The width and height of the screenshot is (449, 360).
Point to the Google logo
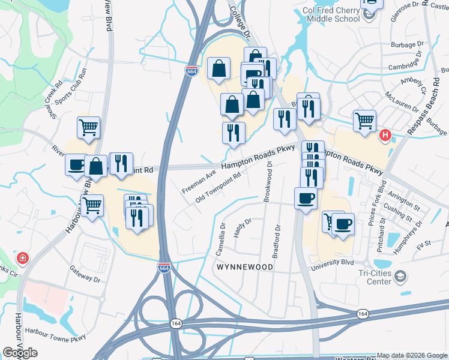(20, 353)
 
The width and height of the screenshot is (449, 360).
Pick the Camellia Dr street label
(222, 239)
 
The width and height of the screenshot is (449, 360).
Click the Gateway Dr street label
(85, 274)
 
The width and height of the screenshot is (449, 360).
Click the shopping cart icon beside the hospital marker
(364, 121)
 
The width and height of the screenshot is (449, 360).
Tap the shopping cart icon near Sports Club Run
(88, 128)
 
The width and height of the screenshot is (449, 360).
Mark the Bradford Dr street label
(277, 241)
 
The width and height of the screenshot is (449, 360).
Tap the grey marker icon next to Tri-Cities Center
(400, 277)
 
